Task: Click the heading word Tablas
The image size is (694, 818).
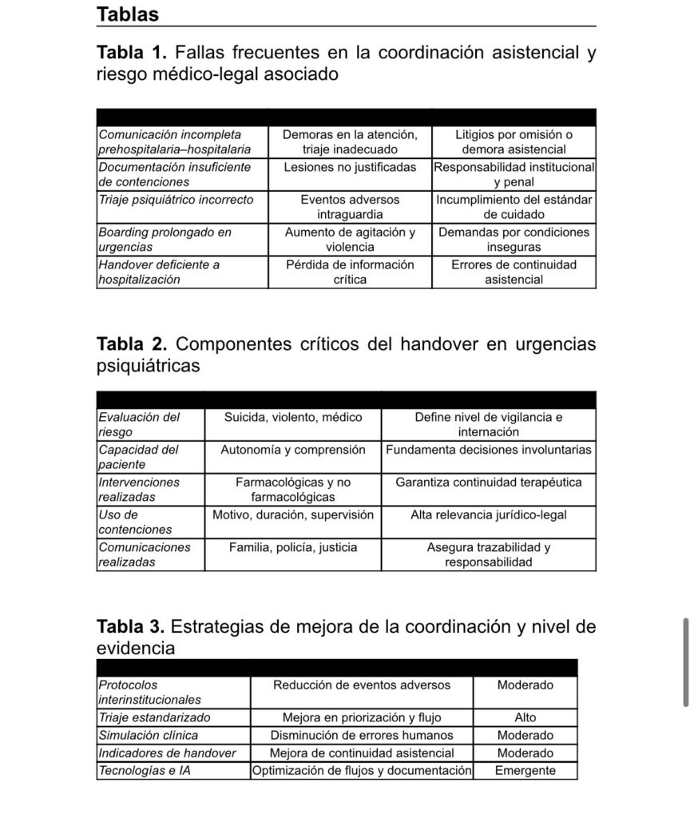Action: point(128,14)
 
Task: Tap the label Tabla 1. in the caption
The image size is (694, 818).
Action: point(131,54)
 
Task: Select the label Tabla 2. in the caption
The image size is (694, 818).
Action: point(131,344)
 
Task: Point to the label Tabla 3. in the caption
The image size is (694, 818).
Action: point(131,627)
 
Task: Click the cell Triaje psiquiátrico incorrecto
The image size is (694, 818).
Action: point(176,200)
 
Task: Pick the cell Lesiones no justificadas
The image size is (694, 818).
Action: point(350,168)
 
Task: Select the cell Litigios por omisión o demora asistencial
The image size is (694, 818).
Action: point(514,142)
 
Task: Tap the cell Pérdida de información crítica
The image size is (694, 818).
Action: point(350,272)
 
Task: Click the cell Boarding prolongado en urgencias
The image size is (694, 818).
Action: point(165,240)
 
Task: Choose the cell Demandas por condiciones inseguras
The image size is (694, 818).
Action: point(514,240)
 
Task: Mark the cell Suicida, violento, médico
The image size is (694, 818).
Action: point(293,417)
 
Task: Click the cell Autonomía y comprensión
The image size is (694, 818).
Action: point(293,450)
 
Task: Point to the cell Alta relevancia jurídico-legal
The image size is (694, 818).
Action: point(489,515)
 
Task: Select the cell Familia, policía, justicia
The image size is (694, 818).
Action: point(293,548)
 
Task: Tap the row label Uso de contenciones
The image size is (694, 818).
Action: point(135,522)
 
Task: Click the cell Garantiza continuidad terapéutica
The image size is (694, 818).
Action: point(489,482)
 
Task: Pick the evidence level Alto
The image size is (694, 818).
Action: point(525,717)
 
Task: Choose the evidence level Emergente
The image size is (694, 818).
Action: point(525,771)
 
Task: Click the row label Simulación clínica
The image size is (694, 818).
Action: point(149,735)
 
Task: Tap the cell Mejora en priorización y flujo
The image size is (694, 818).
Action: point(362,717)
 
